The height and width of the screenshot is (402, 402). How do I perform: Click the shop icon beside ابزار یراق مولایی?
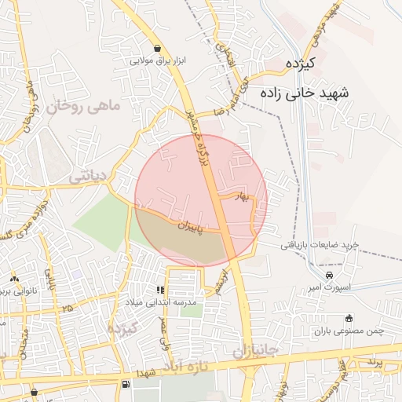pyautogui.click(x=159, y=48)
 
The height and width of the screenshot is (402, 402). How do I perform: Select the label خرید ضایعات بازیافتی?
pyautogui.click(x=320, y=245)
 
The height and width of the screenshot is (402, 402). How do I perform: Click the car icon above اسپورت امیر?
pyautogui.click(x=328, y=276)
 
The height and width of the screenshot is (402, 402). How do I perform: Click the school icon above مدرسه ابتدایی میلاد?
pyautogui.click(x=162, y=290)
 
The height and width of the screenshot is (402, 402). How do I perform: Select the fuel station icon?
pyautogui.click(x=126, y=385)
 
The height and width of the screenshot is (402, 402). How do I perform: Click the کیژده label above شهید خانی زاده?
pyautogui.click(x=300, y=62)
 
